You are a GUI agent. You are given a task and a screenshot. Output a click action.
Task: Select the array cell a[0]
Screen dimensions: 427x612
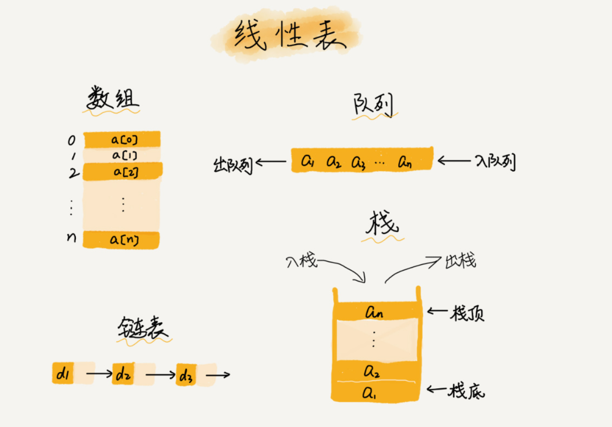click(x=123, y=139)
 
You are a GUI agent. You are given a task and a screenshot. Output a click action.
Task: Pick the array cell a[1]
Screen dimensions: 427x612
click(x=123, y=155)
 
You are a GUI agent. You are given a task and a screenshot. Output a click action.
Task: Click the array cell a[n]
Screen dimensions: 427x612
click(x=122, y=239)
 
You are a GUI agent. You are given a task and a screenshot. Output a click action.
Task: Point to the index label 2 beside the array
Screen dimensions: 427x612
click(x=74, y=173)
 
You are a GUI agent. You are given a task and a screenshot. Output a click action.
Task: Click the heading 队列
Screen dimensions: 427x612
click(x=373, y=104)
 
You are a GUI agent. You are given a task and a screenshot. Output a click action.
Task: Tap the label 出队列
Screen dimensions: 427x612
click(x=232, y=164)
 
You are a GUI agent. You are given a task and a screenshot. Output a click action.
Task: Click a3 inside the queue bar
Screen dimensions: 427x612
click(x=358, y=162)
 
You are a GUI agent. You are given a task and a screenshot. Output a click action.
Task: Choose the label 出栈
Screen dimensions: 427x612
click(x=460, y=261)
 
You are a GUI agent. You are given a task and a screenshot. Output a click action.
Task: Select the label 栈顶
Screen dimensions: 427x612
click(x=467, y=313)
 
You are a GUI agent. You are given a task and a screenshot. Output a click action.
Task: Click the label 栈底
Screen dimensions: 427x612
click(x=466, y=391)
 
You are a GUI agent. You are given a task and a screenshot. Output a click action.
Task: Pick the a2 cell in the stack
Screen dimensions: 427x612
click(x=372, y=371)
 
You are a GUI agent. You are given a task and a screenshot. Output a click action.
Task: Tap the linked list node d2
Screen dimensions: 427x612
click(x=123, y=374)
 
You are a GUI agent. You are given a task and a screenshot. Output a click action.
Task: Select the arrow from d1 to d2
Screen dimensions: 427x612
click(x=99, y=374)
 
